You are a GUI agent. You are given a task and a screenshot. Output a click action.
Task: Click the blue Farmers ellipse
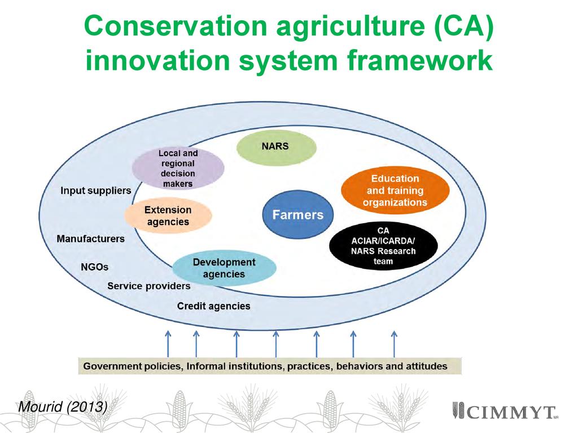(x=298, y=214)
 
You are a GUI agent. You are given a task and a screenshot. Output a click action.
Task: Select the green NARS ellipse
(x=276, y=147)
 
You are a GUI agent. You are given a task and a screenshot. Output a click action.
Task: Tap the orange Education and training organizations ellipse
(x=395, y=191)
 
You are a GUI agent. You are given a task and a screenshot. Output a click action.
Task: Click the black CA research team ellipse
(x=383, y=246)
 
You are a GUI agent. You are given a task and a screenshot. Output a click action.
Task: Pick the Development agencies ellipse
(x=224, y=268)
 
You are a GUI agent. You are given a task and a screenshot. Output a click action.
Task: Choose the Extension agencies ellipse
(x=168, y=216)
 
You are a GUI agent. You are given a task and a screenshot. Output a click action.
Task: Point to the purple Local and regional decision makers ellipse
(x=178, y=168)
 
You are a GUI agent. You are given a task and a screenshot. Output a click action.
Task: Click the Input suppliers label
(x=96, y=191)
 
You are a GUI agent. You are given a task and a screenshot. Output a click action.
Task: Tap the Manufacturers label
(x=91, y=239)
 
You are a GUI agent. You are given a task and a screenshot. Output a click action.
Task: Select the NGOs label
(x=95, y=267)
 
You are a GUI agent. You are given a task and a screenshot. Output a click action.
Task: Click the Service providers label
(x=149, y=286)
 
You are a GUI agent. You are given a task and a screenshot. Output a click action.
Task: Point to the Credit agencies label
(x=214, y=306)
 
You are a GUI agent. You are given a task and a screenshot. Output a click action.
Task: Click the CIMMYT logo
(x=503, y=411)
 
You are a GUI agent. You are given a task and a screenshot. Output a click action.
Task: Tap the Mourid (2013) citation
(x=63, y=407)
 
